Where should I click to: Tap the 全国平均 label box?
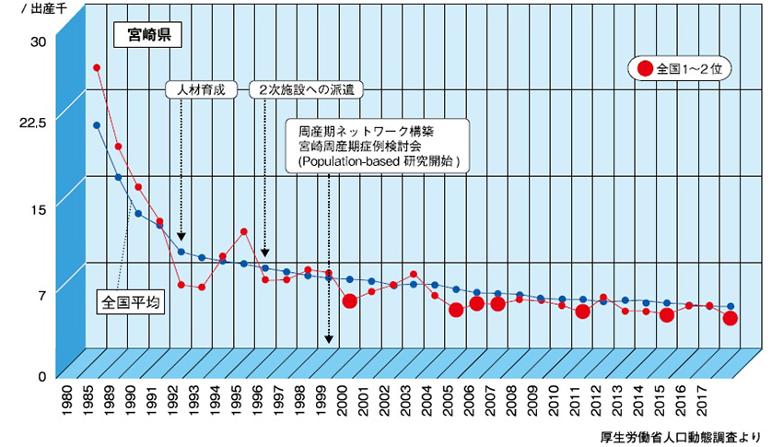129,301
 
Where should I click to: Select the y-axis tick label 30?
38,41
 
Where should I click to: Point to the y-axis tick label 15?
38,209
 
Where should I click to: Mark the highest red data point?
97,67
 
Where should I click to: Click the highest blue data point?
97,124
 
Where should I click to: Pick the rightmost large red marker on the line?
730,318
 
